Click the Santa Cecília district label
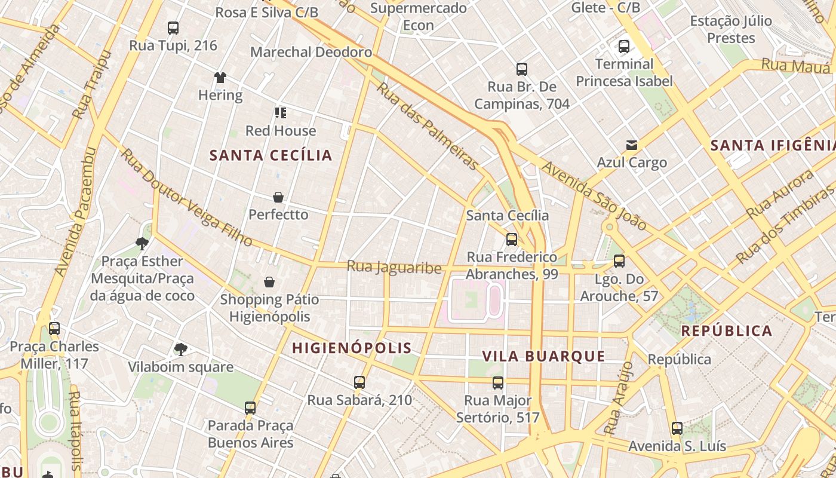(x=271, y=155)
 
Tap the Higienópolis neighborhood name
(x=352, y=348)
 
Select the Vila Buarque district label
(x=543, y=357)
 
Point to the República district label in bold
(x=726, y=331)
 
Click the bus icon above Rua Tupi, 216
(x=173, y=27)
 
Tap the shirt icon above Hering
(x=220, y=77)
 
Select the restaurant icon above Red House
(x=281, y=113)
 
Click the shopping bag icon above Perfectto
(x=278, y=197)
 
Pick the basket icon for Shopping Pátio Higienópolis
(x=269, y=282)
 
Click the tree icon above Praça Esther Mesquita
(x=142, y=243)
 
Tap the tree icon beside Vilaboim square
(x=180, y=349)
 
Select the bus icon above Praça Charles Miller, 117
(x=54, y=329)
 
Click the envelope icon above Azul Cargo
(x=631, y=145)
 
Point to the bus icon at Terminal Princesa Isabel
(x=624, y=46)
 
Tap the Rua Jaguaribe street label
(x=394, y=267)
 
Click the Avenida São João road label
(x=595, y=197)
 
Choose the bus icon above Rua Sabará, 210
(x=359, y=382)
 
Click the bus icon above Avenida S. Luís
(x=677, y=428)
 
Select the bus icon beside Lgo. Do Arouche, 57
(x=619, y=261)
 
